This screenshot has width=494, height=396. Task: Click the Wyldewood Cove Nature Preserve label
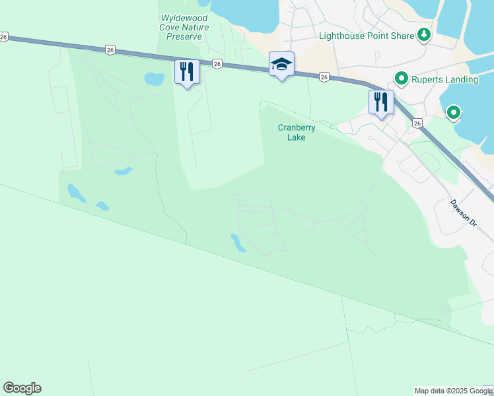[184, 27]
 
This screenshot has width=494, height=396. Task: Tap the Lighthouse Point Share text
[366, 36]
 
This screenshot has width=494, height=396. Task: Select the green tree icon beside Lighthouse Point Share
[423, 36]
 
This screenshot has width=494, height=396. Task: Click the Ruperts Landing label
[444, 79]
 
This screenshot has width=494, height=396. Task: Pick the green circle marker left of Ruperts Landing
[400, 79]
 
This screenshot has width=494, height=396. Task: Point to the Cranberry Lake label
[297, 133]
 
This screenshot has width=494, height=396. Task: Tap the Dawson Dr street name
[463, 214]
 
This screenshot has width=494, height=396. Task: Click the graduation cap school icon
[281, 65]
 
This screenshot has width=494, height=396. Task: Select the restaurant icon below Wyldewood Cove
[187, 71]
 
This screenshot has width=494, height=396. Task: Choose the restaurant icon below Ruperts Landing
[381, 102]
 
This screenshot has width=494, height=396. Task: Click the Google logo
[22, 388]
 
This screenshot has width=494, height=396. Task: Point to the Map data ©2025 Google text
[452, 391]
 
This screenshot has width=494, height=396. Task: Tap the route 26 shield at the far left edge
[4, 38]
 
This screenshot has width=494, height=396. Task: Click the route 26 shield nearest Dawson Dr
[417, 123]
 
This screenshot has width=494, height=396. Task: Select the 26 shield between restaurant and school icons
[217, 63]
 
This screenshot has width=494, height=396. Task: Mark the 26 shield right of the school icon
[324, 77]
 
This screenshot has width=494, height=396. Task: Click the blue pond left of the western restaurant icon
[154, 80]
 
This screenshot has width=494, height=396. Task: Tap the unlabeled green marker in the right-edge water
[453, 114]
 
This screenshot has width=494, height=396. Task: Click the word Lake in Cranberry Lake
[297, 138]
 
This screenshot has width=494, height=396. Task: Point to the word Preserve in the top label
[184, 36]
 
